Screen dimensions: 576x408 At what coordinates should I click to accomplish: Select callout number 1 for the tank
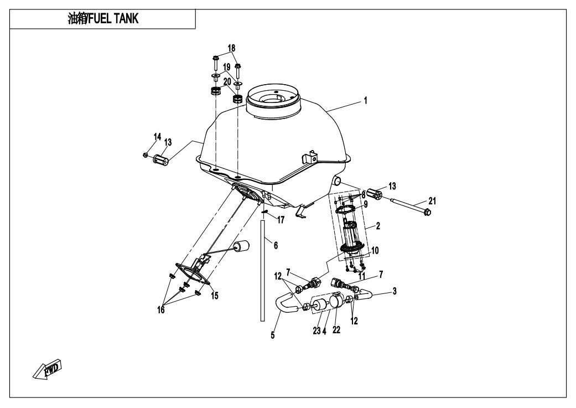point(366,100)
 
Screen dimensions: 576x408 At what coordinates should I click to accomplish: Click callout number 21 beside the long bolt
point(432,201)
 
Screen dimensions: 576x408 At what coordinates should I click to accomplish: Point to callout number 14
point(157,137)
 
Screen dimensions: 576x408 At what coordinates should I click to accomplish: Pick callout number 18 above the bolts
point(231,48)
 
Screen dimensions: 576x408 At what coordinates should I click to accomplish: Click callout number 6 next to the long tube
point(276,245)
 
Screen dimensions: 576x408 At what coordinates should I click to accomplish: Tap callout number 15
point(215,296)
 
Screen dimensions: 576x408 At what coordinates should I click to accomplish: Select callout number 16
point(161,310)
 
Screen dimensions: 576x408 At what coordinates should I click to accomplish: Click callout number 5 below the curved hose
point(273,335)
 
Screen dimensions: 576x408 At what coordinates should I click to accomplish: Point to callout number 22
point(336,330)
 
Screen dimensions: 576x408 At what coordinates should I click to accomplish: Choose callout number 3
point(395,291)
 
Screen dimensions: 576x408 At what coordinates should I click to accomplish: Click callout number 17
point(281,220)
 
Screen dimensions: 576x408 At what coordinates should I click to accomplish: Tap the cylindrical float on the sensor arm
point(241,247)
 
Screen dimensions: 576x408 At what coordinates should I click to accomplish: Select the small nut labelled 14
point(146,155)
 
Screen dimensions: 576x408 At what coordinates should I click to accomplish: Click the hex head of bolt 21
point(427,212)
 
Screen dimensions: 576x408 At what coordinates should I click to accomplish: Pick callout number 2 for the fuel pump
point(378,226)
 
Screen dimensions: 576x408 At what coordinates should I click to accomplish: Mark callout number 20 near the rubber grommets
point(227,81)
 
